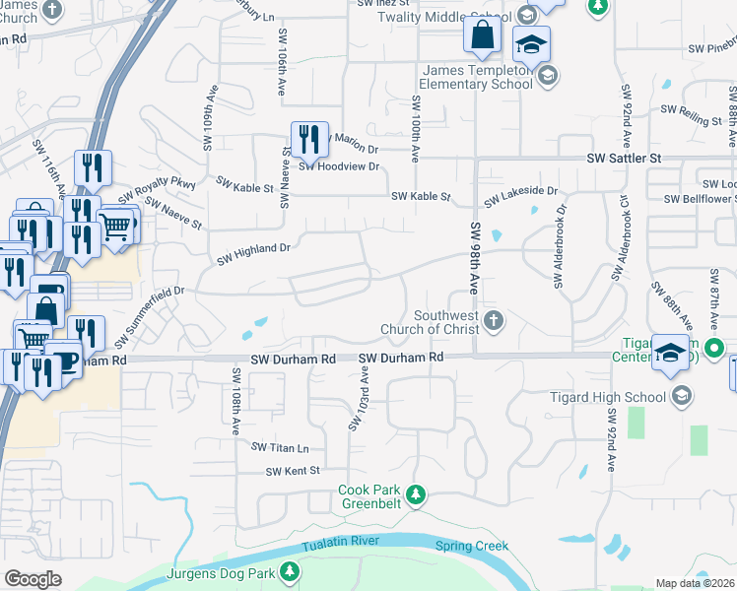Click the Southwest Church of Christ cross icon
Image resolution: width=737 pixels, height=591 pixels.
495,320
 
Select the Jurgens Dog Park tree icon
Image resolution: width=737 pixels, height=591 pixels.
290,571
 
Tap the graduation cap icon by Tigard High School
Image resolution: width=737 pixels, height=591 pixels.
681,396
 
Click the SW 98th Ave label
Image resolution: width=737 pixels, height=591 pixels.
475,256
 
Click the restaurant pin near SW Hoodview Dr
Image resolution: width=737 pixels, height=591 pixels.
309,140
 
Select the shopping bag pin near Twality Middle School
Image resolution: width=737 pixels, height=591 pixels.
483,38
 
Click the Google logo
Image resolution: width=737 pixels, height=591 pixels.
33,579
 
